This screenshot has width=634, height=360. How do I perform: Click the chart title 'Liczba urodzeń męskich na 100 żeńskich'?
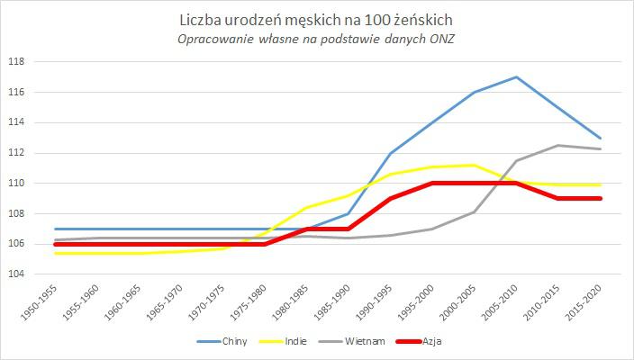coord(317,19)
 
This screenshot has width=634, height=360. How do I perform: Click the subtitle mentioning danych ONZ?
coord(317,38)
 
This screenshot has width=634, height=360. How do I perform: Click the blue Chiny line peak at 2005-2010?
coord(516,76)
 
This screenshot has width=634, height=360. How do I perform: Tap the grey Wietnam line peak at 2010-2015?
coord(557,145)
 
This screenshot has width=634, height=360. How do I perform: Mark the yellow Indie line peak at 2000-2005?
coord(474,165)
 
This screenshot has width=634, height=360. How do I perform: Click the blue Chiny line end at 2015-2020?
coord(600,138)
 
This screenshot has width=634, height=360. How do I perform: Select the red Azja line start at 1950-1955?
coord(55,244)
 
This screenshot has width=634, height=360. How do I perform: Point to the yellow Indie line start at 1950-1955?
coord(55,253)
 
